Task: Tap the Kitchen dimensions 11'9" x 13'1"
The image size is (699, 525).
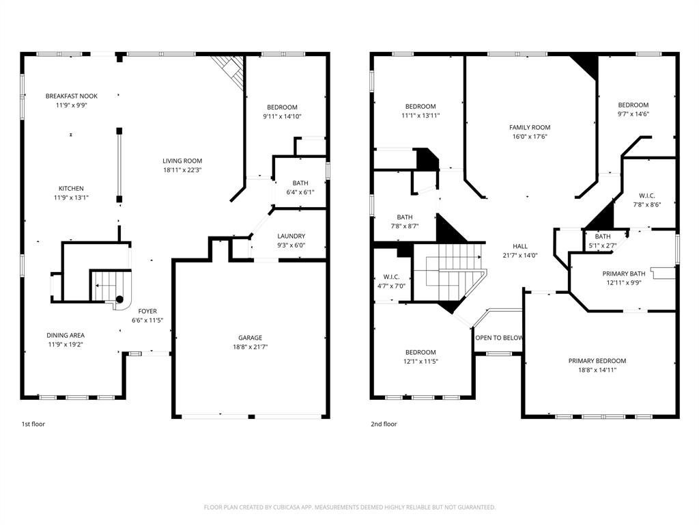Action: point(71,198)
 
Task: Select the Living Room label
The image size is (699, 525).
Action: point(182,161)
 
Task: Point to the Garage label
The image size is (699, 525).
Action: point(250,338)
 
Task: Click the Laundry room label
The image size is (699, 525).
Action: point(291,237)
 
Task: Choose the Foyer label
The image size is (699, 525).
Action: point(147,311)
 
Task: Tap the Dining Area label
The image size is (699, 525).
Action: point(66,336)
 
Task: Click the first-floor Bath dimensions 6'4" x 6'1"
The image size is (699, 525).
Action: point(300,192)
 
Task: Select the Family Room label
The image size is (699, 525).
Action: point(529,128)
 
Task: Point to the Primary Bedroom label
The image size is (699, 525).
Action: point(597,361)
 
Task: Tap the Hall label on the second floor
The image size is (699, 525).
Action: point(520,247)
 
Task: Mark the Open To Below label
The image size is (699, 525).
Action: point(499,338)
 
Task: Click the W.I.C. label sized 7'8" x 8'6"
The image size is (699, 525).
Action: point(648,195)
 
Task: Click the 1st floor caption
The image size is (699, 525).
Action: point(34,424)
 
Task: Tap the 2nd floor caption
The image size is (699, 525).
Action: point(384,424)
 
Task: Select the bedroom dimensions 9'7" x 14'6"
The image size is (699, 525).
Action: point(633,114)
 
